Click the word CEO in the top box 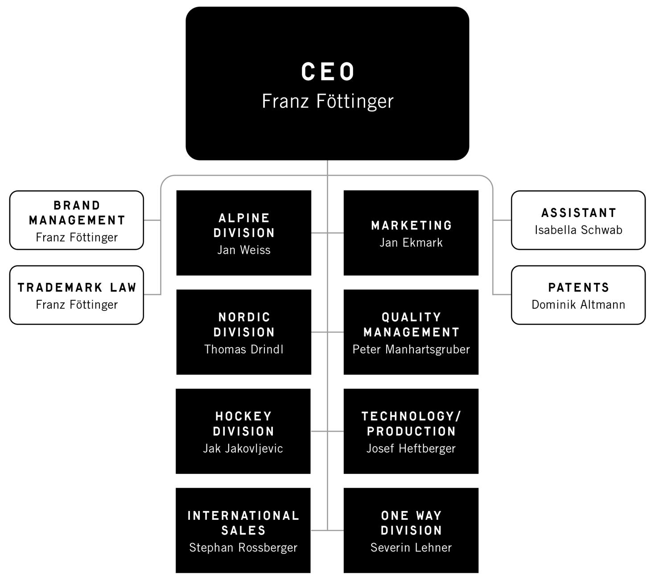click(x=328, y=72)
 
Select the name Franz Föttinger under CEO click(x=328, y=101)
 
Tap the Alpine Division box click(x=243, y=233)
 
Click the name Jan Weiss click(x=243, y=250)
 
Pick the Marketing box click(x=411, y=233)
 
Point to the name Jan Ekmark click(x=411, y=243)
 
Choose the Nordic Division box click(x=243, y=332)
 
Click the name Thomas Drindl click(x=243, y=349)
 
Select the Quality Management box click(x=411, y=332)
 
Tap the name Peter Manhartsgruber click(x=411, y=349)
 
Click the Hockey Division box click(x=243, y=431)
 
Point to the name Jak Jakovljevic click(x=243, y=449)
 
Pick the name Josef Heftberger click(x=411, y=449)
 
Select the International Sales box click(x=243, y=530)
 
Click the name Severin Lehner click(x=411, y=547)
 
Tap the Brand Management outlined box click(x=77, y=220)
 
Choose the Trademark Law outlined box click(x=77, y=295)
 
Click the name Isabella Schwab click(x=578, y=230)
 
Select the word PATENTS click(x=578, y=288)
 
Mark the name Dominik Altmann click(x=578, y=305)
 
